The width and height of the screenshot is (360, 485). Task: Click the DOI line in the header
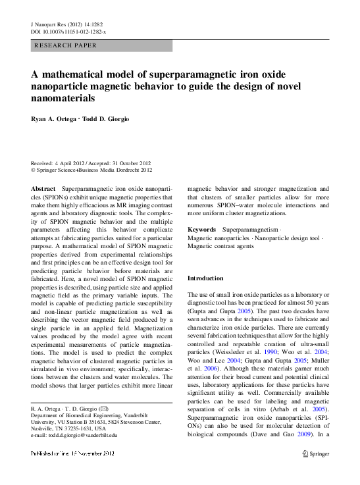69,32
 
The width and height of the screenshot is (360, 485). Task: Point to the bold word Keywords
202,230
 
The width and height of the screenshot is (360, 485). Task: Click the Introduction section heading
205,278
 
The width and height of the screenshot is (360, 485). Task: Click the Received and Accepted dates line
91,163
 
